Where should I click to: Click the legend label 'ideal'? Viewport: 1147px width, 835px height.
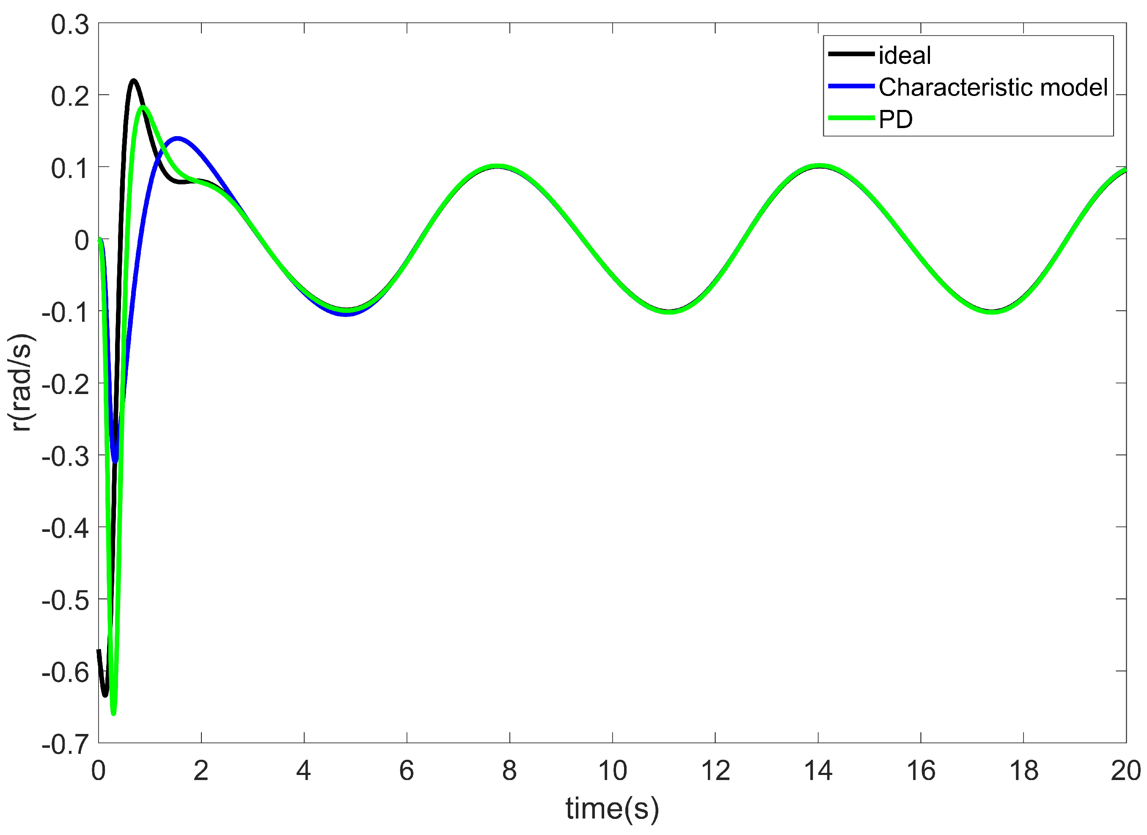click(x=904, y=55)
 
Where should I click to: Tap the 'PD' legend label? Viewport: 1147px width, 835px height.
click(x=896, y=119)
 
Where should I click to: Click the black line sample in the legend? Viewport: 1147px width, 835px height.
click(x=851, y=54)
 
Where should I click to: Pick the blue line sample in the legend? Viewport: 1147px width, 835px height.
click(x=851, y=86)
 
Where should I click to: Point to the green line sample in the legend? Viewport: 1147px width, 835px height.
click(x=851, y=118)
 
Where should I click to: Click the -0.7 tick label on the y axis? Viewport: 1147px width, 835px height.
click(x=65, y=745)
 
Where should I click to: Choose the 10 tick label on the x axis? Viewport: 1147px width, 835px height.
click(x=613, y=771)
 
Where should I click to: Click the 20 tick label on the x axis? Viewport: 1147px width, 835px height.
click(x=1126, y=771)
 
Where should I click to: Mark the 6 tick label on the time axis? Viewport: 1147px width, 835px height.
click(x=407, y=771)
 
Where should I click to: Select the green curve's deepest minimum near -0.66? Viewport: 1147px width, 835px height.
click(x=113, y=713)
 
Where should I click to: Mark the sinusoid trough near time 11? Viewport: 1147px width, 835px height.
click(x=668, y=311)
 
